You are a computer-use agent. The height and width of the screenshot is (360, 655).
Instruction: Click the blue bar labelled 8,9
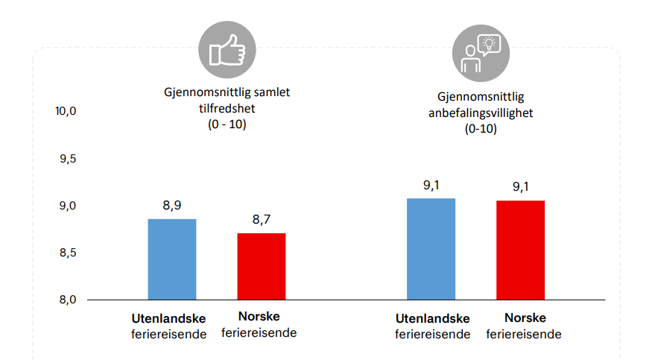click(172, 259)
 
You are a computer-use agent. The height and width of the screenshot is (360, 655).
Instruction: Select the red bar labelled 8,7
click(262, 266)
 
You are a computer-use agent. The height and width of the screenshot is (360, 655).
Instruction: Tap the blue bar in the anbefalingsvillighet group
click(431, 249)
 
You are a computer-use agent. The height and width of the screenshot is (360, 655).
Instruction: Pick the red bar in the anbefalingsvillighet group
click(520, 250)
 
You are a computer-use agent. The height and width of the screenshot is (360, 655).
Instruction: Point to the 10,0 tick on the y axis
click(66, 111)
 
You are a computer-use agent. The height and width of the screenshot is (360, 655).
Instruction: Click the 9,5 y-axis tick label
click(68, 159)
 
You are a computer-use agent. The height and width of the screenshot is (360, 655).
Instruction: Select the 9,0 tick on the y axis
click(68, 206)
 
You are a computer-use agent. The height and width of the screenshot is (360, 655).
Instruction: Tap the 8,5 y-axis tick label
click(68, 253)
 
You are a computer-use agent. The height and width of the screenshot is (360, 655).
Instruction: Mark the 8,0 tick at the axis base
click(68, 300)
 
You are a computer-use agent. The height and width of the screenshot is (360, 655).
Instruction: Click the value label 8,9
click(172, 206)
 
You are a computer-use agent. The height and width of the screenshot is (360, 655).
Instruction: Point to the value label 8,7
click(262, 220)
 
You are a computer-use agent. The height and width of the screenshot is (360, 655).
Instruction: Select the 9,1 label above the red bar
click(520, 186)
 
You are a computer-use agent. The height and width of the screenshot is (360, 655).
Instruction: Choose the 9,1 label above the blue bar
click(431, 186)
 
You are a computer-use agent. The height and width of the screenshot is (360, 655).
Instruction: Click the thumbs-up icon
click(227, 51)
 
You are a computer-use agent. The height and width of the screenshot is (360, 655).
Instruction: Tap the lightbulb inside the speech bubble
click(489, 43)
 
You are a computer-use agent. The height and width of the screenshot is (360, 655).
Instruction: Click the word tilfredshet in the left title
click(227, 109)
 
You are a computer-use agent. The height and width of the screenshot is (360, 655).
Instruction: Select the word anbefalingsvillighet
click(481, 113)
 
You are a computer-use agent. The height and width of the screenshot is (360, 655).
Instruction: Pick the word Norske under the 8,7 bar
click(259, 317)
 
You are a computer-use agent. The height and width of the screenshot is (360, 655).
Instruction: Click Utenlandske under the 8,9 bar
click(168, 319)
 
